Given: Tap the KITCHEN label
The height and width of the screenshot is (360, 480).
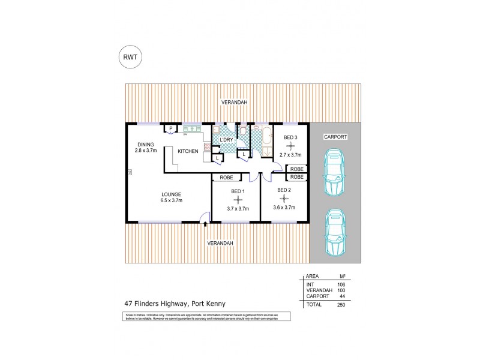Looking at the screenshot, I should pyautogui.click(x=188, y=152).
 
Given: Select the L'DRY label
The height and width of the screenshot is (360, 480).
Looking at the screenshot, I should pyautogui.click(x=226, y=139).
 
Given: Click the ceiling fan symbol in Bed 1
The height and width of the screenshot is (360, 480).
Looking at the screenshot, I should pyautogui.click(x=237, y=199).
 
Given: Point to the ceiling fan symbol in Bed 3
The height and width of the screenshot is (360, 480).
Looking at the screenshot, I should pyautogui.click(x=290, y=146).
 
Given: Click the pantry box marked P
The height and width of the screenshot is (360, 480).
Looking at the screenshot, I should pyautogui.click(x=170, y=128).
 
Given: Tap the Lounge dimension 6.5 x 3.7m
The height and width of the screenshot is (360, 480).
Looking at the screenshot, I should pyautogui.click(x=171, y=200).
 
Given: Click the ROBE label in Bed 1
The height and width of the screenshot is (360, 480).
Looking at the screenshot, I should pyautogui.click(x=226, y=178).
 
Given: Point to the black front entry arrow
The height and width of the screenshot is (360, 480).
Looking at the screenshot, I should pyautogui.click(x=206, y=224).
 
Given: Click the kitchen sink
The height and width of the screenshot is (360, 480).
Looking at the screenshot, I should pyautogui.click(x=193, y=128).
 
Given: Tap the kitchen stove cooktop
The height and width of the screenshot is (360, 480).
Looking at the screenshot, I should pyautogui.click(x=207, y=146).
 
